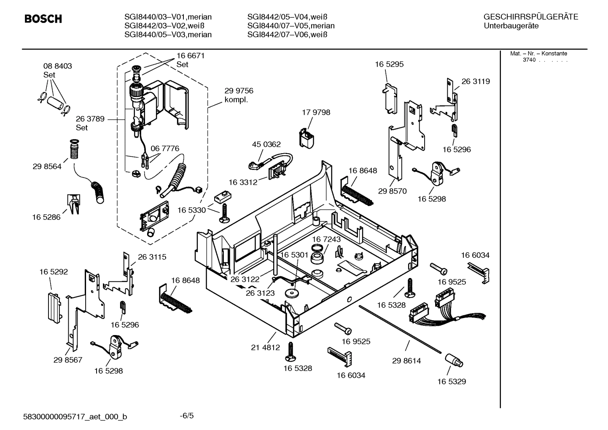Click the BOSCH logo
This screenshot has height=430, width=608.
(x=43, y=19)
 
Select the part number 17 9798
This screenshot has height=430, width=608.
(x=316, y=112)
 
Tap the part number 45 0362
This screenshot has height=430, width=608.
(x=266, y=144)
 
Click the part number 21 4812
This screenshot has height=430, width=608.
(x=265, y=347)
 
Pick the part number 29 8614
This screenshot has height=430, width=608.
(x=406, y=361)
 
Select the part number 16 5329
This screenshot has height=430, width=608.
(x=452, y=381)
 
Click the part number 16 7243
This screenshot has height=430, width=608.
(x=326, y=239)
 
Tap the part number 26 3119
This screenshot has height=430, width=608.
(x=476, y=81)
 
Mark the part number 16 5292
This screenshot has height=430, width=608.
(x=54, y=272)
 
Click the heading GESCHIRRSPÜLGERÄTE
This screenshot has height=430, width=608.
(x=530, y=17)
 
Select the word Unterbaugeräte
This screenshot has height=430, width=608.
(x=511, y=26)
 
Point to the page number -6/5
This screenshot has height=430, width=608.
(x=187, y=416)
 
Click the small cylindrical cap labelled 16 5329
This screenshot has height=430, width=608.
(x=454, y=361)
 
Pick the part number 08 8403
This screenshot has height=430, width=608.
(x=58, y=66)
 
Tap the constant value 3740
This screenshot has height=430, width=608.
(x=529, y=60)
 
